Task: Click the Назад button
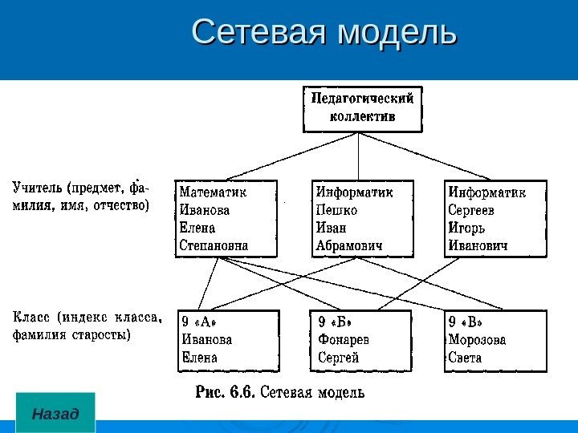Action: (55, 414)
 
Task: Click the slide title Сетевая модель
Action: (324, 33)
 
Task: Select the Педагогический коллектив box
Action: (362, 109)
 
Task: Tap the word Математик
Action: (214, 192)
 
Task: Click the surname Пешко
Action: (337, 210)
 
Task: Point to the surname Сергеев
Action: (472, 210)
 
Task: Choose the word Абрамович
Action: (349, 245)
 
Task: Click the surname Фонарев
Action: (344, 340)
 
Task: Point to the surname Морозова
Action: (478, 340)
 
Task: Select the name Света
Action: (466, 358)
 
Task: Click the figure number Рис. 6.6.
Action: (226, 393)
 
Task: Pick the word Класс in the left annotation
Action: (30, 318)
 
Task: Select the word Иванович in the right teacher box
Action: (478, 245)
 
